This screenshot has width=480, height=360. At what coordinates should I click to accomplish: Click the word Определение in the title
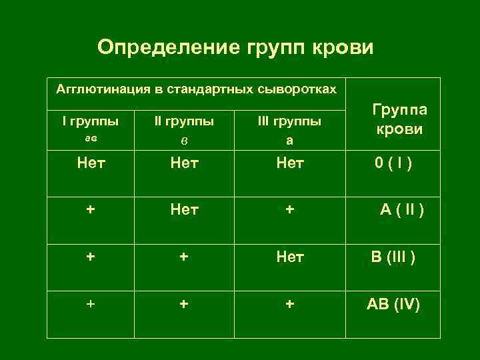pyautogui.click(x=169, y=47)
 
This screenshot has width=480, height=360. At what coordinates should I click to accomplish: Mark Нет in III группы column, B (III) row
pyautogui.click(x=289, y=257)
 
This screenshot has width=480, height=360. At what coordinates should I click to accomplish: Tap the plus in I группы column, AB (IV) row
pyautogui.click(x=91, y=303)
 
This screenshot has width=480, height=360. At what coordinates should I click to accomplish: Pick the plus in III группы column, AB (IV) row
pyautogui.click(x=289, y=303)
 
